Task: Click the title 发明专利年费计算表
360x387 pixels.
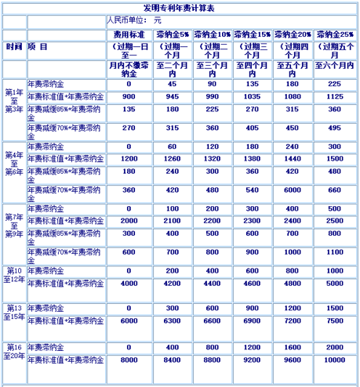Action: (180, 7)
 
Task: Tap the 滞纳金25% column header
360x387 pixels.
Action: (335, 34)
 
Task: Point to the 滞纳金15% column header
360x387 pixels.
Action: (253, 34)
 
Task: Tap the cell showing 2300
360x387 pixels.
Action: (253, 222)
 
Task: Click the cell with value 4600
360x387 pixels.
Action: (253, 283)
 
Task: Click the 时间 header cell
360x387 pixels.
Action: (13, 47)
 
